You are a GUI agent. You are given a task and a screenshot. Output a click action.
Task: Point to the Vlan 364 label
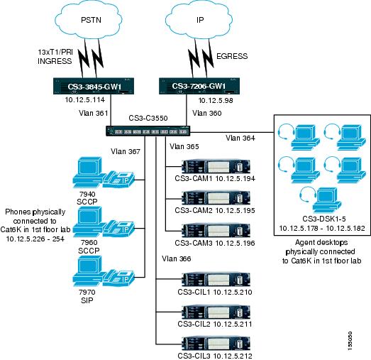(241, 137)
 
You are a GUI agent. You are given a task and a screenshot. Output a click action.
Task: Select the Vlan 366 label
(177, 259)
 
